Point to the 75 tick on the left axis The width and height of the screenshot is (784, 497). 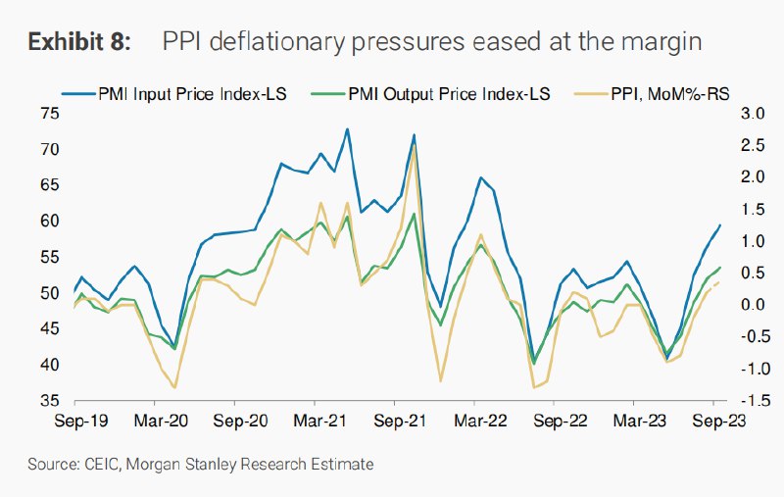[x=50, y=114]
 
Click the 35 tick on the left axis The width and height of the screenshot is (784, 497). [x=50, y=401]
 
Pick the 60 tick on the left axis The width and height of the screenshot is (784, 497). [x=50, y=222]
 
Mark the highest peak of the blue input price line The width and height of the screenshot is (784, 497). [x=347, y=128]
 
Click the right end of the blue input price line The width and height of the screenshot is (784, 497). [x=720, y=225]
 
